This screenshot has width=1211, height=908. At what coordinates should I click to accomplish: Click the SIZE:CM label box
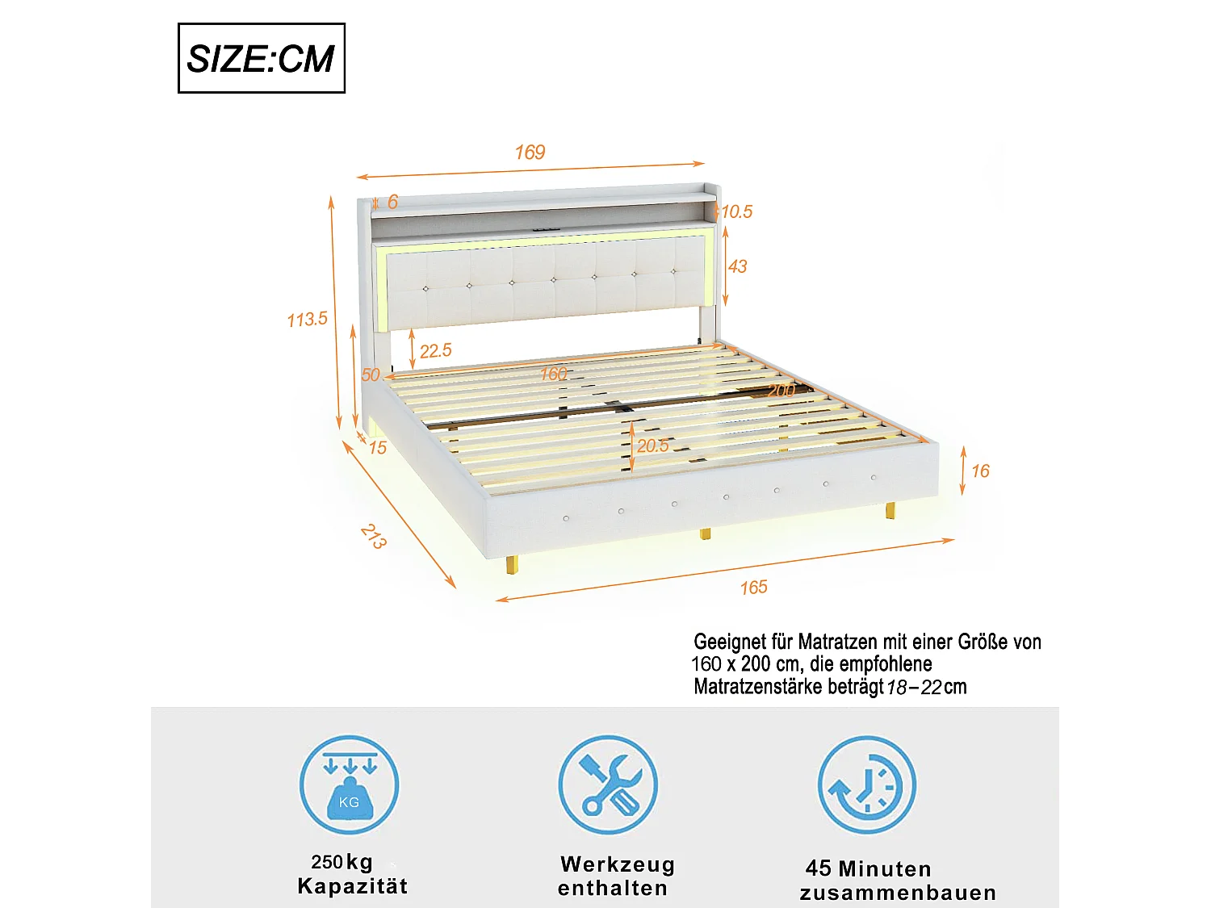click(x=261, y=58)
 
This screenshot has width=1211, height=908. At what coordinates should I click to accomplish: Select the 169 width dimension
click(x=530, y=153)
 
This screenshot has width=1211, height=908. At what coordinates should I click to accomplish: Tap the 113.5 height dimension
click(x=307, y=320)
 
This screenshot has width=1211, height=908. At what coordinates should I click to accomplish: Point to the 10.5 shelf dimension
click(x=736, y=211)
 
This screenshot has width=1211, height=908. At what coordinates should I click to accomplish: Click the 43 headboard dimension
click(x=737, y=266)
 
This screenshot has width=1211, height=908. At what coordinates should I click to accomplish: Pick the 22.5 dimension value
click(x=435, y=351)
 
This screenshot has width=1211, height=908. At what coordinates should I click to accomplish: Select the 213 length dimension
click(x=373, y=536)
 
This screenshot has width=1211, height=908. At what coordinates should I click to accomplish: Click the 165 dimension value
click(x=753, y=588)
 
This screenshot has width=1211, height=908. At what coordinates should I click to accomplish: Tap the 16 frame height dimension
click(x=980, y=471)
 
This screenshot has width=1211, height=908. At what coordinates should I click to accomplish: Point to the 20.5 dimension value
click(x=652, y=446)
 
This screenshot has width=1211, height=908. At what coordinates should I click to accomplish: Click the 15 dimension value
click(x=377, y=448)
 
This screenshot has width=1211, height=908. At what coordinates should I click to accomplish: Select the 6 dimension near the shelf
click(x=392, y=202)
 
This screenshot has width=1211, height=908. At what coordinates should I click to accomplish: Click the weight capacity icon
click(x=349, y=785)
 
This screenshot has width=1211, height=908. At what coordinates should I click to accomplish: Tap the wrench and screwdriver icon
click(x=608, y=785)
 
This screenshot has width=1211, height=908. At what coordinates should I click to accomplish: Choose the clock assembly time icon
click(x=866, y=785)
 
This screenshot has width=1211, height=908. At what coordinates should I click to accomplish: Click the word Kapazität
click(x=352, y=886)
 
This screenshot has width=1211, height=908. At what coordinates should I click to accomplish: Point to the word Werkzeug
click(x=618, y=864)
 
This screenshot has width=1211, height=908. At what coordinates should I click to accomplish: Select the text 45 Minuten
click(x=868, y=868)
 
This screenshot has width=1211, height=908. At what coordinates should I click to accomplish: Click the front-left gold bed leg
click(x=512, y=564)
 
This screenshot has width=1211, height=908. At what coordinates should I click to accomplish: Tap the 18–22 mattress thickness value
click(x=914, y=688)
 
